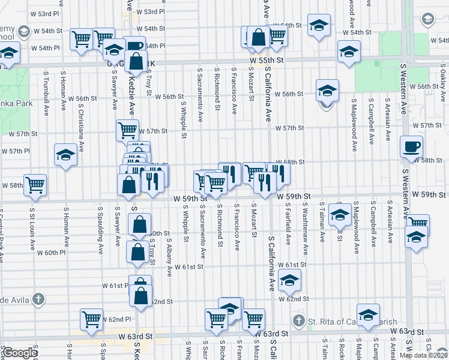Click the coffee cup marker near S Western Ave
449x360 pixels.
coord(412,146)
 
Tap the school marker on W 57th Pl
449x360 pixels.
coord(66,155)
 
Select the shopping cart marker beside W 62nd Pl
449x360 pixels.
coord(92,319)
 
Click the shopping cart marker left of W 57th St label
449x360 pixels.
coord(127,130)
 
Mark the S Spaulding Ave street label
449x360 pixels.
coord(100,229)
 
